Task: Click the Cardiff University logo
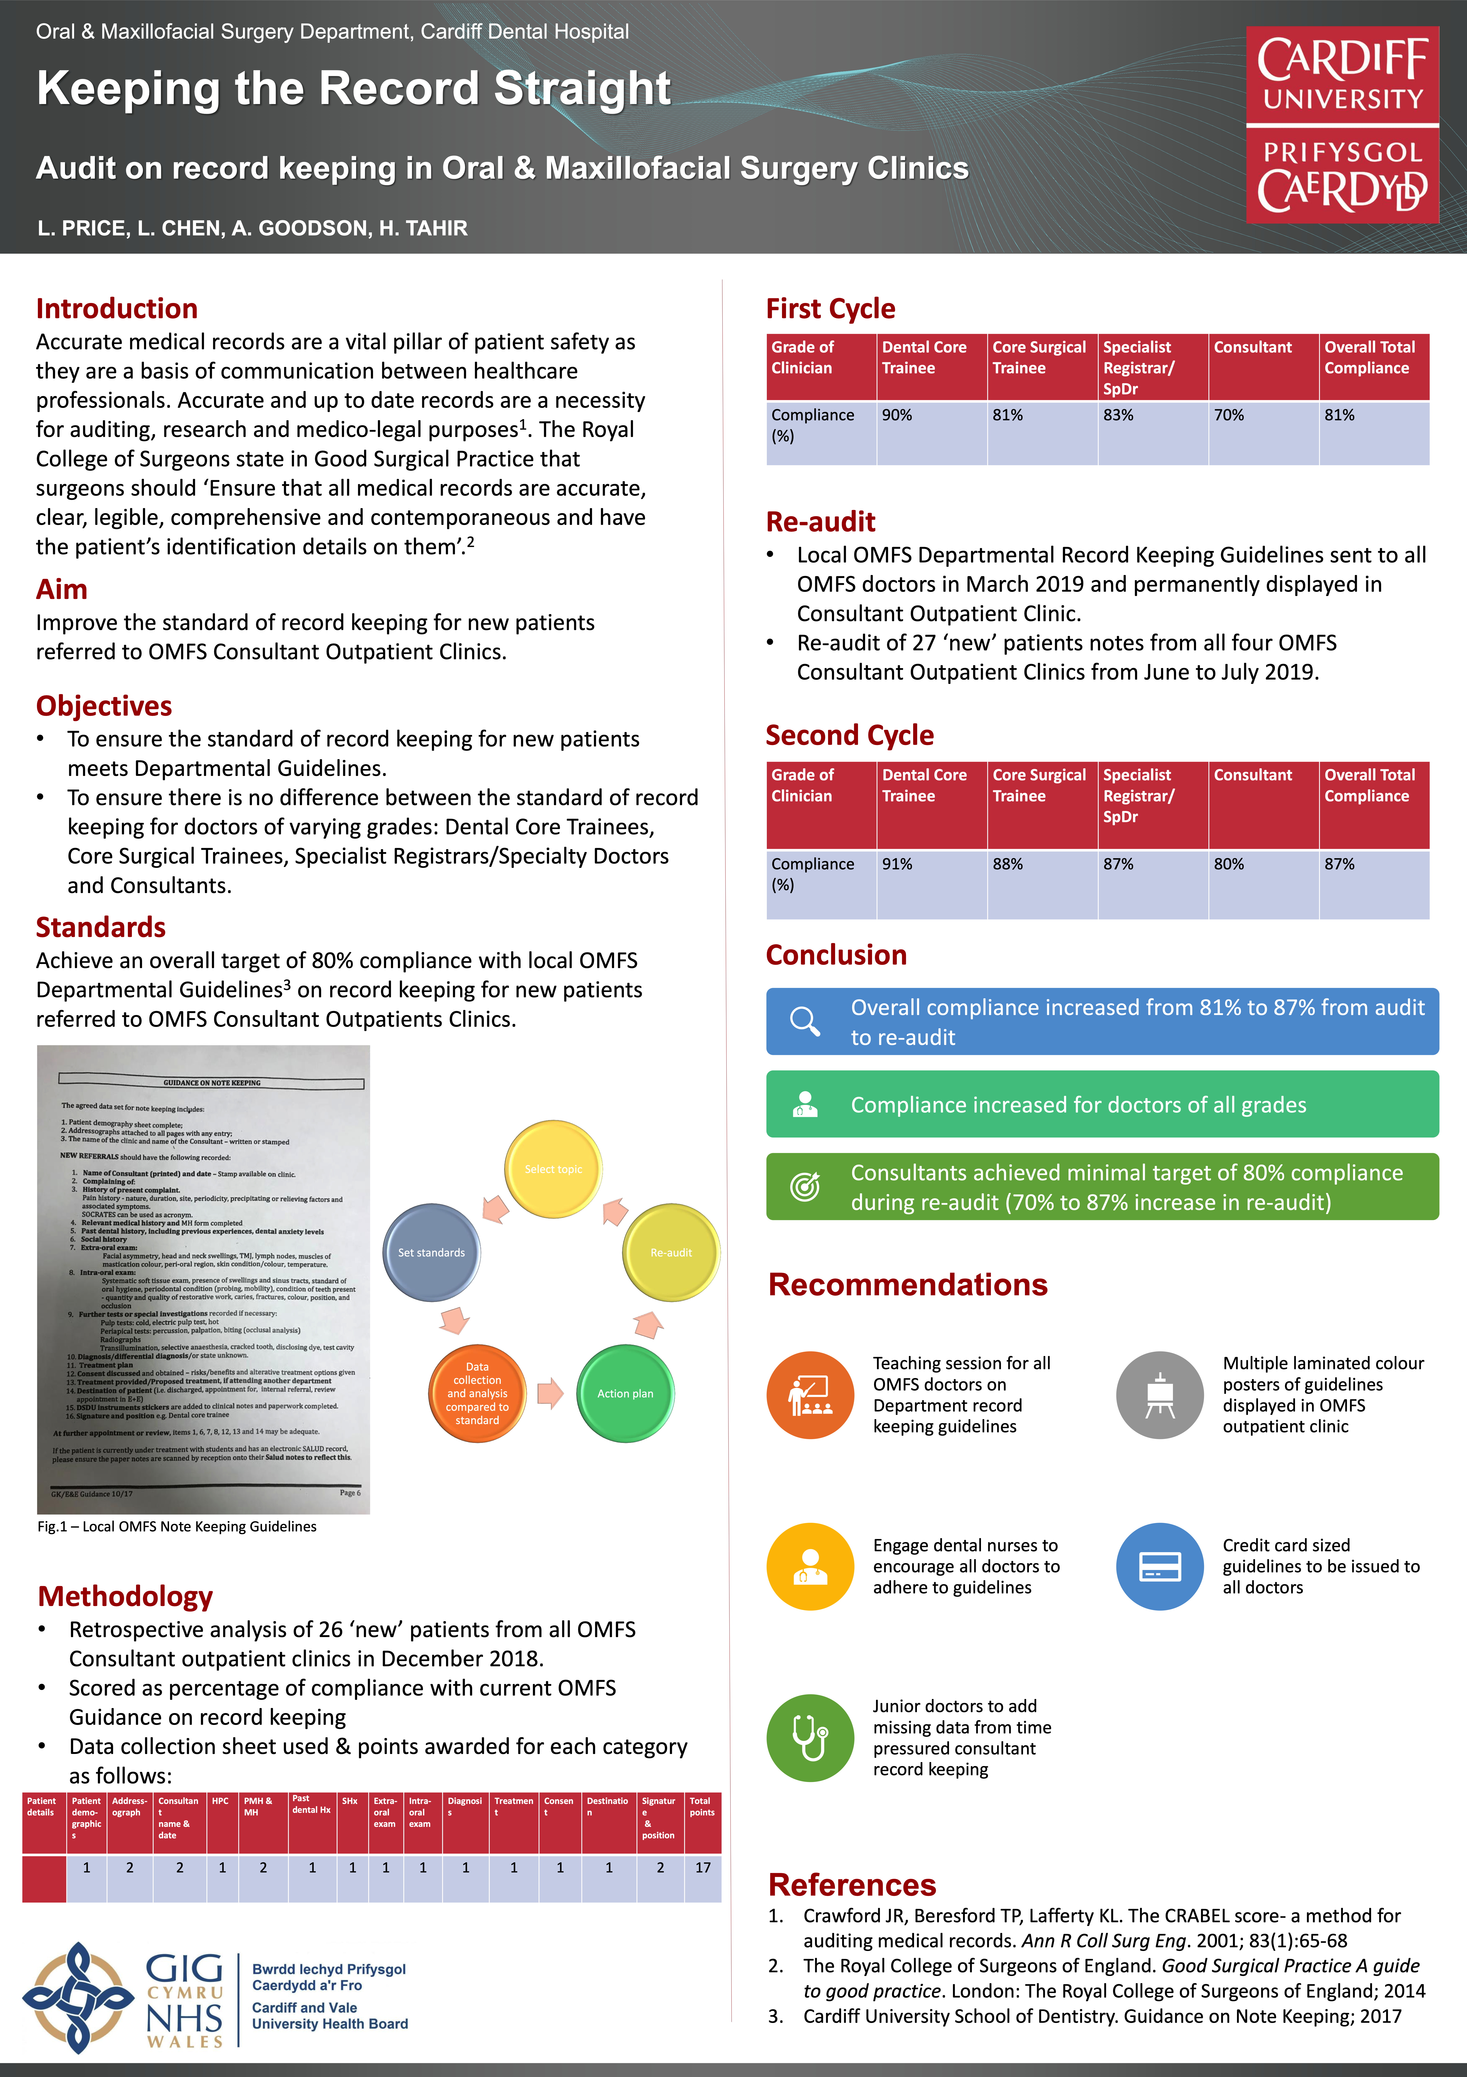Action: tap(1342, 125)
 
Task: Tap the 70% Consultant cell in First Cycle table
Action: tap(1263, 432)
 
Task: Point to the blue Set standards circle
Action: tap(431, 1252)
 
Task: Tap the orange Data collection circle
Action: tap(477, 1393)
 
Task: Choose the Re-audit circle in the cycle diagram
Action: tap(671, 1252)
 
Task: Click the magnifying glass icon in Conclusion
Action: tap(804, 1021)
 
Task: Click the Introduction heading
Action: tap(117, 309)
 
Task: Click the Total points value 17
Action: tap(703, 1867)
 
